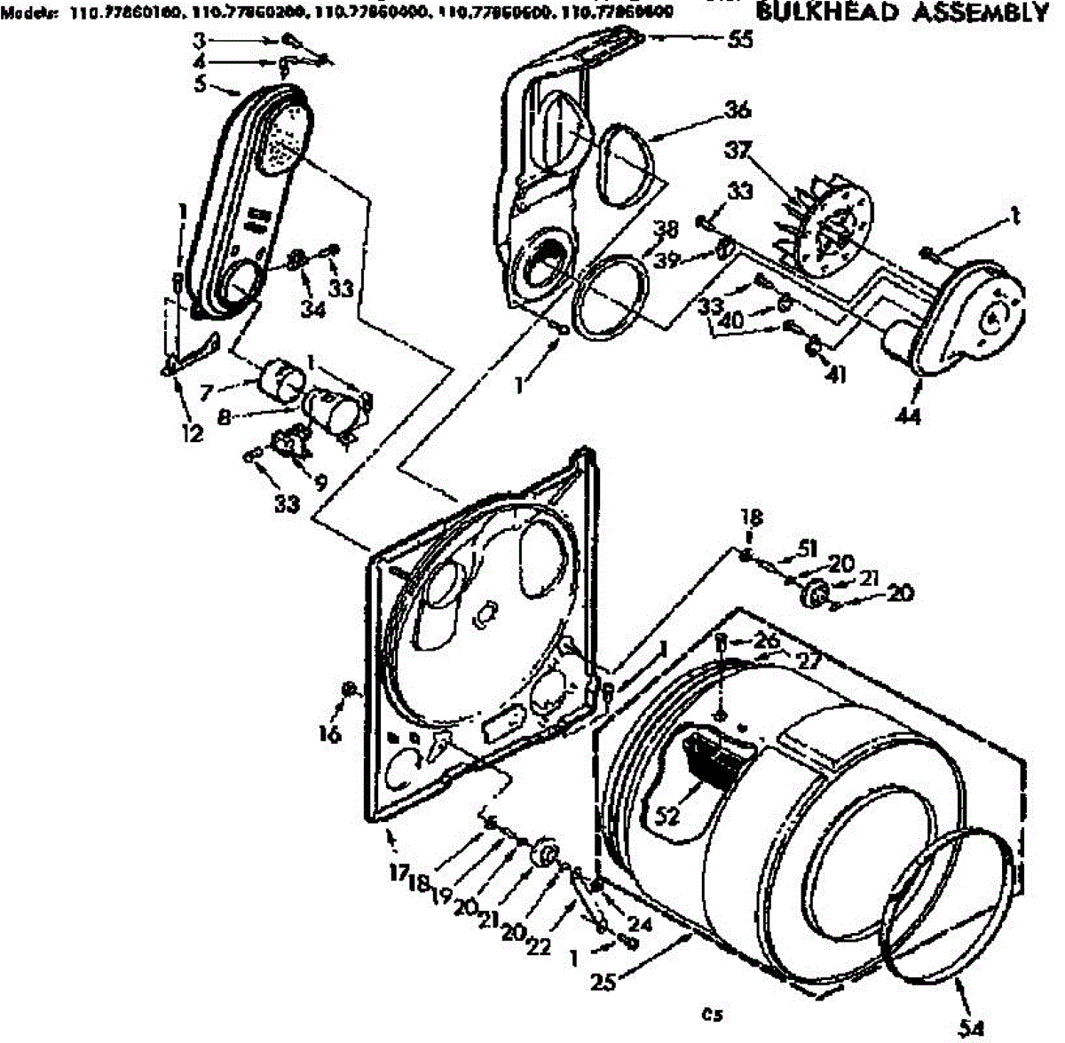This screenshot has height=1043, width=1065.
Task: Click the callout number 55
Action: [x=738, y=39]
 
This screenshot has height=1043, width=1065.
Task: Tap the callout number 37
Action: [x=738, y=152]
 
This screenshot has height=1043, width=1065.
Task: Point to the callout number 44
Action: [x=908, y=413]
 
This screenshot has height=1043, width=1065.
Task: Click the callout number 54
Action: [x=972, y=1028]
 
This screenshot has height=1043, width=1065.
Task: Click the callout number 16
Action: [x=330, y=733]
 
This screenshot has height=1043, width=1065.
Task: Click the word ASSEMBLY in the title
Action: [x=982, y=12]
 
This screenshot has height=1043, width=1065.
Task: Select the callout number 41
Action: [x=835, y=375]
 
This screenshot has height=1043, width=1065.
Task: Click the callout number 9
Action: [x=319, y=483]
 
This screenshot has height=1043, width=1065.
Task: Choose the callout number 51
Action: [x=807, y=548]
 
